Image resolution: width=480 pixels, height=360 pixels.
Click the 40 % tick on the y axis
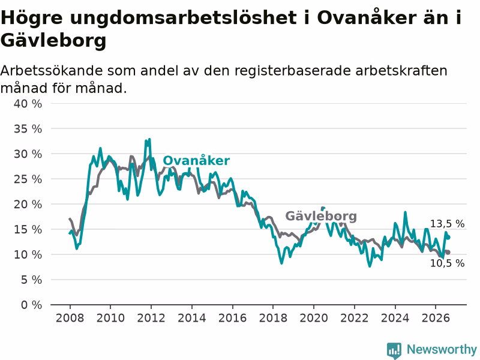(x=28, y=104)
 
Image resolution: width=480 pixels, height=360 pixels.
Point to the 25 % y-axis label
(x=28, y=179)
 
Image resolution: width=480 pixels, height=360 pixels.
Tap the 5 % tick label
(x=32, y=280)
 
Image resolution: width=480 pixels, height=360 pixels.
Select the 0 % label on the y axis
(x=32, y=305)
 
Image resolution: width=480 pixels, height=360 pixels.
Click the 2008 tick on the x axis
(x=70, y=318)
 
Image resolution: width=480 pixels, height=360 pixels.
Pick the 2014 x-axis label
(x=192, y=318)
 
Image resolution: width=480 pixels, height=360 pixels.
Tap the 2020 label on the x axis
(x=314, y=318)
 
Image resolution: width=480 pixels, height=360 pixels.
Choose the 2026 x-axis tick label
(x=436, y=318)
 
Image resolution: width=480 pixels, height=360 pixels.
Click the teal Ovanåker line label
(x=196, y=160)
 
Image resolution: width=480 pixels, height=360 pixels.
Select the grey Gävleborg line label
(x=321, y=216)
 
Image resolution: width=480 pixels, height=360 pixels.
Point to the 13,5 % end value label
(x=447, y=224)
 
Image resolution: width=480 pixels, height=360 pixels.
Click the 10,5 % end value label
(x=447, y=263)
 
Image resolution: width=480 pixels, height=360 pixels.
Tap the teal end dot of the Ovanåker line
(x=448, y=237)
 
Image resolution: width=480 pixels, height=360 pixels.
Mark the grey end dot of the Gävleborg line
(x=448, y=252)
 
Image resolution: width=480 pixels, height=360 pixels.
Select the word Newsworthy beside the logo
(x=442, y=349)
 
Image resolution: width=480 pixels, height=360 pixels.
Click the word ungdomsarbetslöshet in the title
(x=183, y=18)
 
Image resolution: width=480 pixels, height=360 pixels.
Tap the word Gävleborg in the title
(x=53, y=40)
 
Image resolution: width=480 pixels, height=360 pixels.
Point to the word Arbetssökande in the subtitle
(x=52, y=71)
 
